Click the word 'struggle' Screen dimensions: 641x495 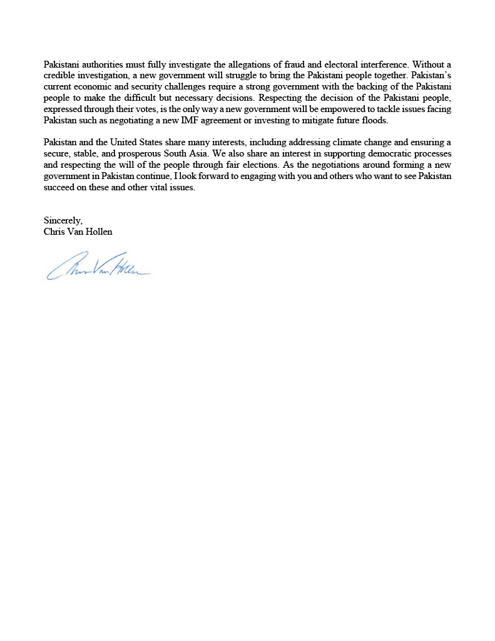223,76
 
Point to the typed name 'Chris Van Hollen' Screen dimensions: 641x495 78,232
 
